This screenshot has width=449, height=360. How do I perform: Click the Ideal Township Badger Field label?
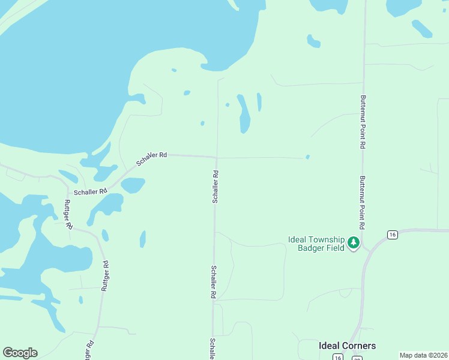click(x=316, y=243)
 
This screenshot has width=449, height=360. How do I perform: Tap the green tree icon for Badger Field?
click(x=354, y=243)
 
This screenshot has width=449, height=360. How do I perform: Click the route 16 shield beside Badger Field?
click(x=393, y=234)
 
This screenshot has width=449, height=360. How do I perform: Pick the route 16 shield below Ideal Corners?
click(x=338, y=358)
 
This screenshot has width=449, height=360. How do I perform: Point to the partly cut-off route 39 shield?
click(x=357, y=358)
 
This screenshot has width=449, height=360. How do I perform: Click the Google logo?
click(x=20, y=353)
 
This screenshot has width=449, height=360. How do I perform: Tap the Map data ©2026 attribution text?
click(x=424, y=355)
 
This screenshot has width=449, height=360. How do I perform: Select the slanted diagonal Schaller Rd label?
click(x=151, y=158)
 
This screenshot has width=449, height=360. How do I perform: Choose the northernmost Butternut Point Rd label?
click(x=363, y=122)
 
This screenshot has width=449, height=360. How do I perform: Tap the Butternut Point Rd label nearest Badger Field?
click(x=363, y=203)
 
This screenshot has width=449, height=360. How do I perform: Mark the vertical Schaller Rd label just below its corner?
click(x=215, y=187)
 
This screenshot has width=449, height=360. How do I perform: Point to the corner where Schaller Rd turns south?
click(x=216, y=158)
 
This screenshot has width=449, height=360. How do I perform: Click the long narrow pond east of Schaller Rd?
click(x=244, y=114)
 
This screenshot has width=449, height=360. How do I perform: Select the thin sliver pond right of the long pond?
click(x=259, y=102)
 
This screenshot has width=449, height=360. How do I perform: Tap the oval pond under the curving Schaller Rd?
click(x=133, y=185)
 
